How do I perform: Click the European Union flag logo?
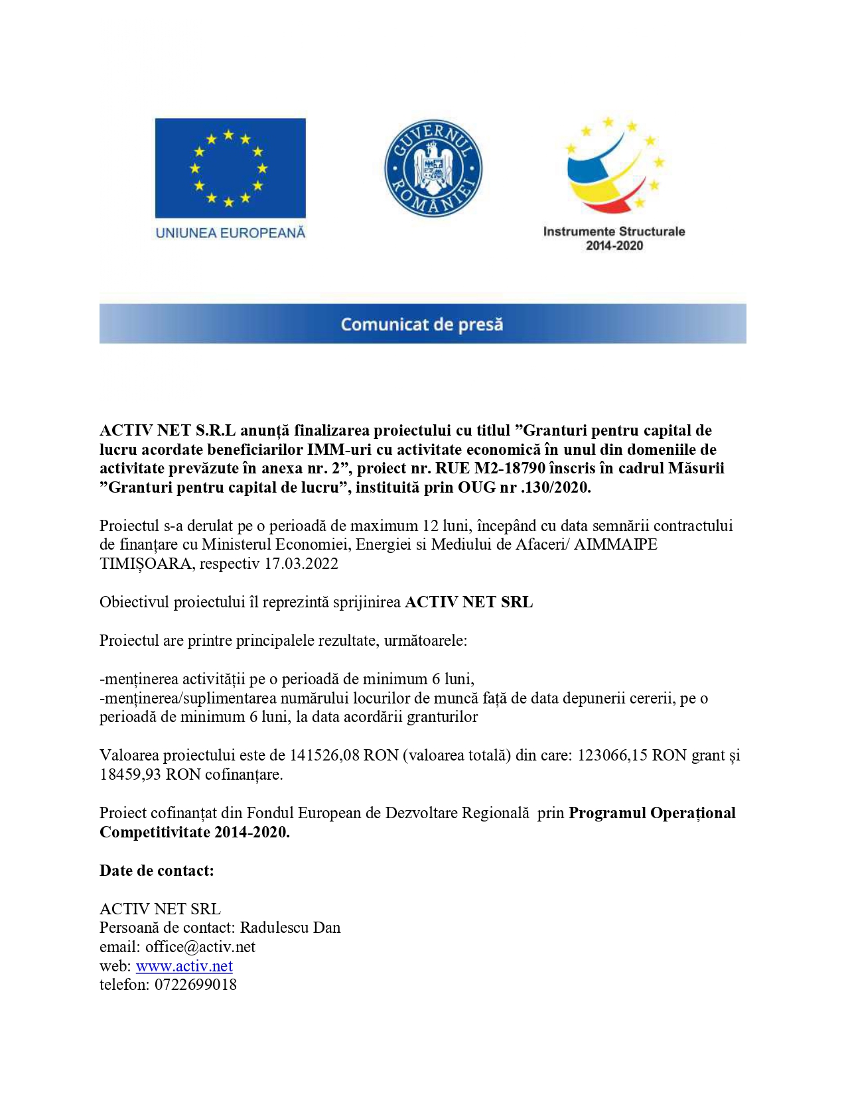[230, 168]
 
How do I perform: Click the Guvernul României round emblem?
[433, 168]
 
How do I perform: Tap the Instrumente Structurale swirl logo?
[614, 166]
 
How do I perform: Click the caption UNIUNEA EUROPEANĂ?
[230, 233]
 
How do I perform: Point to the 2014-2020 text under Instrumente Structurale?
[614, 246]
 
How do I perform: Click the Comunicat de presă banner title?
[422, 324]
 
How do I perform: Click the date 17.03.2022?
[301, 564]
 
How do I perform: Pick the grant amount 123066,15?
[612, 755]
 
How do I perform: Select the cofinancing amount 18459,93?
[130, 774]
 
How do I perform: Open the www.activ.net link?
[184, 966]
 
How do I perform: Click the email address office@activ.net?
[200, 947]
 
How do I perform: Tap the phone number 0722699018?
[196, 985]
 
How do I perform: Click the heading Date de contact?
[157, 871]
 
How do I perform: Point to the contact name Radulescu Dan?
[290, 928]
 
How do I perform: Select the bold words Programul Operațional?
[652, 813]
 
